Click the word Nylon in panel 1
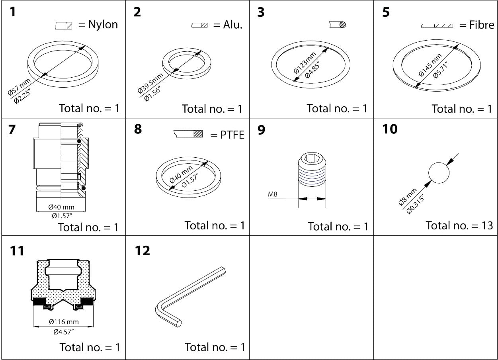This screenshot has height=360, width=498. click(x=103, y=25)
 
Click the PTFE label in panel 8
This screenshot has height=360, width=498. click(x=232, y=135)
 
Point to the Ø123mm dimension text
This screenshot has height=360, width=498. click(x=305, y=63)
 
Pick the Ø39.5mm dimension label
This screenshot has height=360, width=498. click(x=150, y=83)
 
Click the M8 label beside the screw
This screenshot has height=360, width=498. click(x=273, y=194)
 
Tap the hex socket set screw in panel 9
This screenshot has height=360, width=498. click(x=312, y=170)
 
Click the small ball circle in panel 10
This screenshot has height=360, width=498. click(x=439, y=172)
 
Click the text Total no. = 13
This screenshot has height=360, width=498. click(x=459, y=225)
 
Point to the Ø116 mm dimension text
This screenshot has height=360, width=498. click(x=64, y=321)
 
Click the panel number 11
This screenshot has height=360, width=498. click(x=17, y=251)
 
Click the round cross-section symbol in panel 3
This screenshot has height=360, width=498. click(x=338, y=25)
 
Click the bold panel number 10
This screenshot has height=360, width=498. click(x=389, y=129)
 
